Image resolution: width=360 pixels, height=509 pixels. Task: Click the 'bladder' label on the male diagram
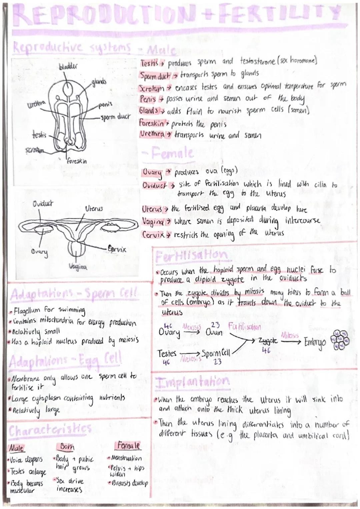[x=68, y=66]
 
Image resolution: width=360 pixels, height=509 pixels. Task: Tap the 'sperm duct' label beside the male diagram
[x=115, y=117]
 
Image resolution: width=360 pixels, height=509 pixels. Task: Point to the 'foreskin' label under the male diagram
[x=77, y=161]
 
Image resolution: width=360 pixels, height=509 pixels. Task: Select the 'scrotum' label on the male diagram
[x=35, y=151]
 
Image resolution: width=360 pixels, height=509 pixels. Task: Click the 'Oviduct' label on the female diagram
[x=43, y=203]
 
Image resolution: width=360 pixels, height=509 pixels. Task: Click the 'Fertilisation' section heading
[x=191, y=256]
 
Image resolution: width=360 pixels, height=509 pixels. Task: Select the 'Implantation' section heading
[x=192, y=382]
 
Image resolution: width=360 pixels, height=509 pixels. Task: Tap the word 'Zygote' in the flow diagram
[x=268, y=341]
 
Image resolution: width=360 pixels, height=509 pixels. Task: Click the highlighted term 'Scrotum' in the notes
[x=151, y=88]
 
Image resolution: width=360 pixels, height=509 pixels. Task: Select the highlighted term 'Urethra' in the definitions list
[x=152, y=134]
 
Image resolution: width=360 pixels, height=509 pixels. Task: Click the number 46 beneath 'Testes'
[x=166, y=362]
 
